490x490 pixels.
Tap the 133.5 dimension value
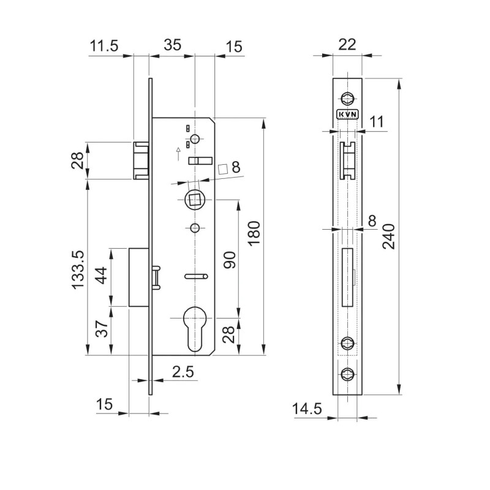pos(78,269)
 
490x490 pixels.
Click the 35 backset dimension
pos(173,45)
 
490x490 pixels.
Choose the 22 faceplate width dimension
pos(347,45)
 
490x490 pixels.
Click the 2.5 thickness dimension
pos(183,371)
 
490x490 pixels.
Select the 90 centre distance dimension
pos(229,260)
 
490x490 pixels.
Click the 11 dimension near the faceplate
pos(377,121)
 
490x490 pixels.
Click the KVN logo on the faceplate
pos(347,114)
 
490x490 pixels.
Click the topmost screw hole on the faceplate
pos(347,97)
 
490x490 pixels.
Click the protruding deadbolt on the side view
pos(138,277)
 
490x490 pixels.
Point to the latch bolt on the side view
pos(141,160)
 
